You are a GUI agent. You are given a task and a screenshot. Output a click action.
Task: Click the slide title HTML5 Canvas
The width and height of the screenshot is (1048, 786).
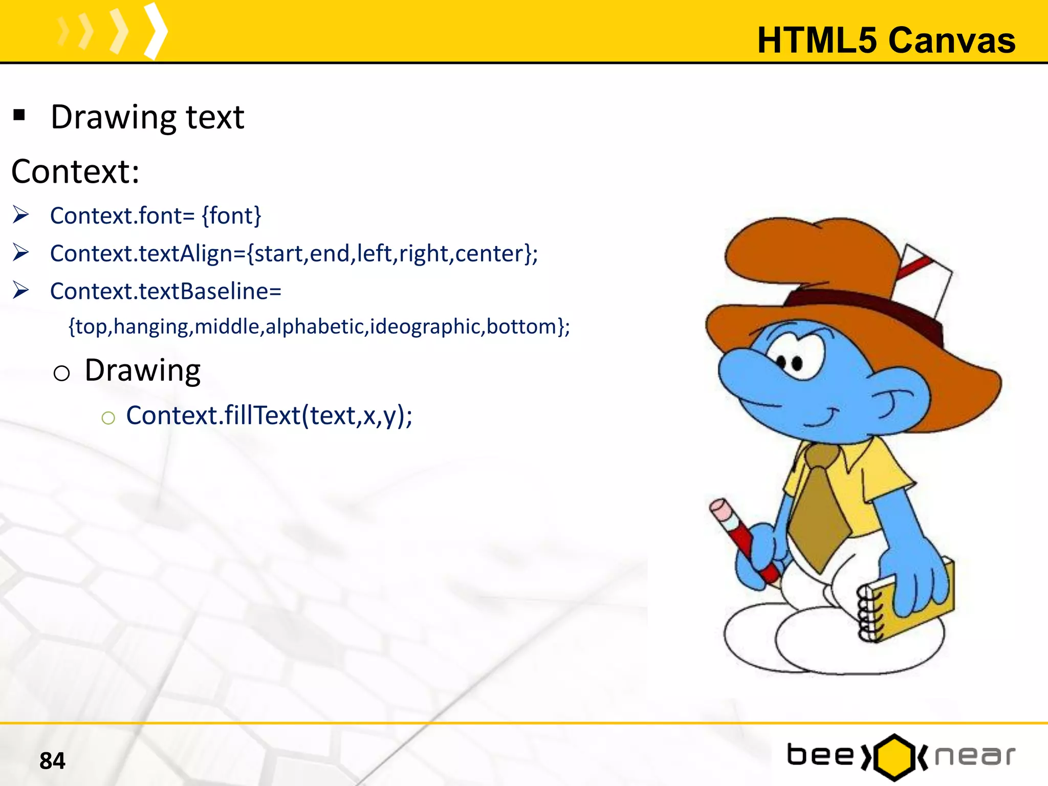click(886, 40)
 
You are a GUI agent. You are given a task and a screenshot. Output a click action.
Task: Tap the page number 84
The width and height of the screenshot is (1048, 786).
click(52, 760)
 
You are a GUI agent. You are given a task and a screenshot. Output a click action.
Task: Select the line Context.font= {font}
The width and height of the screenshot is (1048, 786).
click(156, 215)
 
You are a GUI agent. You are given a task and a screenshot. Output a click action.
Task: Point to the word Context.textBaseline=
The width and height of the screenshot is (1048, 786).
click(166, 291)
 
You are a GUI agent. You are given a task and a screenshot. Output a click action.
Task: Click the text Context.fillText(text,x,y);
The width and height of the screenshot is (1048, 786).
click(269, 415)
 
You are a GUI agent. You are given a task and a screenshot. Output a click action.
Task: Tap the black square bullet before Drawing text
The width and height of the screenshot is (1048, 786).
click(19, 115)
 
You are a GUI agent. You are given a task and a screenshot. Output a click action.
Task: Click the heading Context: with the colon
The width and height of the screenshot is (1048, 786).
click(75, 171)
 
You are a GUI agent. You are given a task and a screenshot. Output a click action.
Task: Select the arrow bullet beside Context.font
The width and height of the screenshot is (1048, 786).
click(21, 215)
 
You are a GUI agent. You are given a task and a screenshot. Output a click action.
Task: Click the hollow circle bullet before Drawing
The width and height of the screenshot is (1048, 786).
click(61, 373)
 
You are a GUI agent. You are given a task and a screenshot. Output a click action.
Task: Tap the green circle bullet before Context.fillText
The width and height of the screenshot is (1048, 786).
click(108, 418)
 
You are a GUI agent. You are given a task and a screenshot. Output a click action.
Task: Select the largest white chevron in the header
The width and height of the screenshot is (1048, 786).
click(156, 31)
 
